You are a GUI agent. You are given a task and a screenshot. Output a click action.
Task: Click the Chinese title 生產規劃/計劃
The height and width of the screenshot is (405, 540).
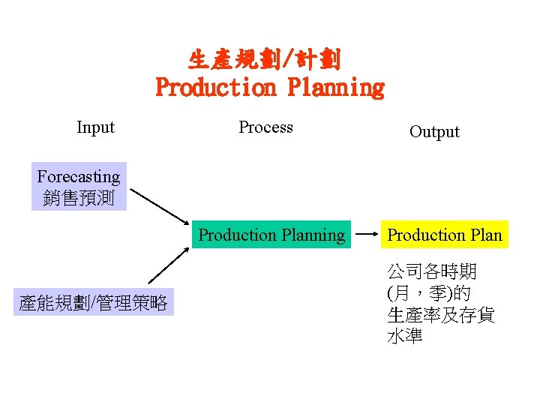[x=265, y=59]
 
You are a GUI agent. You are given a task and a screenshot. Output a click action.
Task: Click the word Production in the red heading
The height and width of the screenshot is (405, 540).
[x=216, y=88]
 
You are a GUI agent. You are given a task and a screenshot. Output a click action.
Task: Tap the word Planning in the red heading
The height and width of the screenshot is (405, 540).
[x=335, y=88]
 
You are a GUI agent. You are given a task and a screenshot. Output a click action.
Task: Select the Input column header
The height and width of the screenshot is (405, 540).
[x=95, y=127]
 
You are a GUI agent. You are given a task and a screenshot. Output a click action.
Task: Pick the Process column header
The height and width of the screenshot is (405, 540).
[x=265, y=127]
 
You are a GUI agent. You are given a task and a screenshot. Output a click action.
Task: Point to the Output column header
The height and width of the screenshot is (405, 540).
[x=434, y=132]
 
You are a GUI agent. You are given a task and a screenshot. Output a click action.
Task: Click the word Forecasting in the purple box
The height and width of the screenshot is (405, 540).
[x=79, y=177]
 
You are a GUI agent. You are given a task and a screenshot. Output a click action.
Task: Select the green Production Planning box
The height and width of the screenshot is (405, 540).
[x=271, y=235]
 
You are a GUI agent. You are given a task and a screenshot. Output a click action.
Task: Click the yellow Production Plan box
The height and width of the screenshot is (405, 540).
[x=445, y=235]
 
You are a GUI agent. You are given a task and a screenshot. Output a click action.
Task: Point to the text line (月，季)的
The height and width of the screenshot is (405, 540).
[x=428, y=293]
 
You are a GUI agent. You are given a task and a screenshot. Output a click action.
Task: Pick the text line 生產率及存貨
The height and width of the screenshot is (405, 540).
[x=440, y=315]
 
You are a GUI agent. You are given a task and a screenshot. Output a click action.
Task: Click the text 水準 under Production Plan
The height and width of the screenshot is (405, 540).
[x=405, y=337]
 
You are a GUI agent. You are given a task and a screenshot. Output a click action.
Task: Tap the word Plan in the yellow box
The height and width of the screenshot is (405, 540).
[x=486, y=235]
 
